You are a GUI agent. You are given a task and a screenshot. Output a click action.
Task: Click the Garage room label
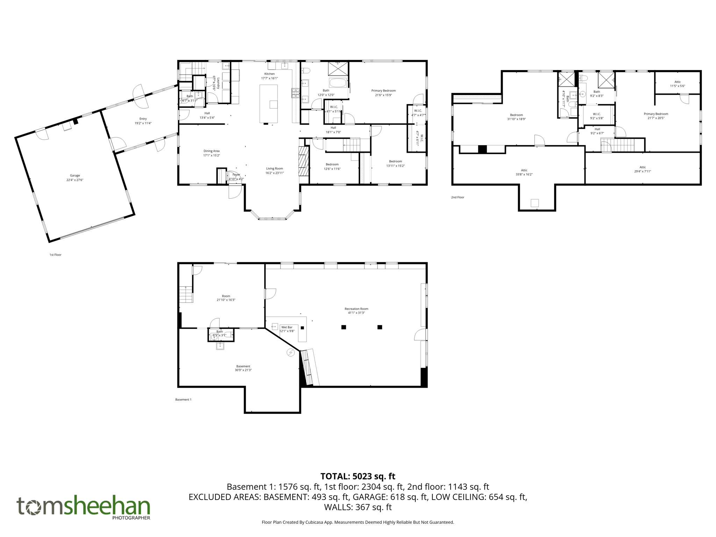coord(75,176)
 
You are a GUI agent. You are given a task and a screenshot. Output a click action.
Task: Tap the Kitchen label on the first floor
coord(269,74)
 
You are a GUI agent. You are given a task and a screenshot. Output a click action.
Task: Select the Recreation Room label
coord(356,309)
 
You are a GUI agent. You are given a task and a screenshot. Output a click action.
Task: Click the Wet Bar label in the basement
coord(287,327)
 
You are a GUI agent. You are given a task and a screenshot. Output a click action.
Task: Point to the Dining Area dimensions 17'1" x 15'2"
coord(212,155)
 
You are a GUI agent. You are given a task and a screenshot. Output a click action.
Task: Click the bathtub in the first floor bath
coord(338,83)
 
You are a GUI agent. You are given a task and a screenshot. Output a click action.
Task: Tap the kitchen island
coord(268,103)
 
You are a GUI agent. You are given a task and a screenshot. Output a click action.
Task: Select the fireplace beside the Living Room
coord(304,161)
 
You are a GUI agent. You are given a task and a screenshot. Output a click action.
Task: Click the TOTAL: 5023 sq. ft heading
coord(358,476)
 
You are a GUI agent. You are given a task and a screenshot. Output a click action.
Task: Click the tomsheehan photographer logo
coord(84,508)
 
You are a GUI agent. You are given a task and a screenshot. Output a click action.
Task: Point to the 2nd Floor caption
coord(457,197)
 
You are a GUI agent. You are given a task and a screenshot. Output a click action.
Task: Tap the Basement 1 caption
coord(183,399)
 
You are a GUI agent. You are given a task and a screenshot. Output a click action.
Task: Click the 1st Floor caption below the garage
coord(55,255)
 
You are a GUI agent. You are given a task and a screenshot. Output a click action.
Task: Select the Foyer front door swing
coord(235,191)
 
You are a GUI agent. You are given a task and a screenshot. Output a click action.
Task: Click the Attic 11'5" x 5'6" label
coord(677,84)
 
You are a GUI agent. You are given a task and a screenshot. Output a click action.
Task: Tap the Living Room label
coord(274,169)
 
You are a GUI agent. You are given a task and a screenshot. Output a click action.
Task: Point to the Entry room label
coord(143,119)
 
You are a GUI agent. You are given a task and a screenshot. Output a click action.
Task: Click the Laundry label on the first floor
coord(218,83)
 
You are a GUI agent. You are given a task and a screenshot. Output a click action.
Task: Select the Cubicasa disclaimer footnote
coord(358,522)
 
